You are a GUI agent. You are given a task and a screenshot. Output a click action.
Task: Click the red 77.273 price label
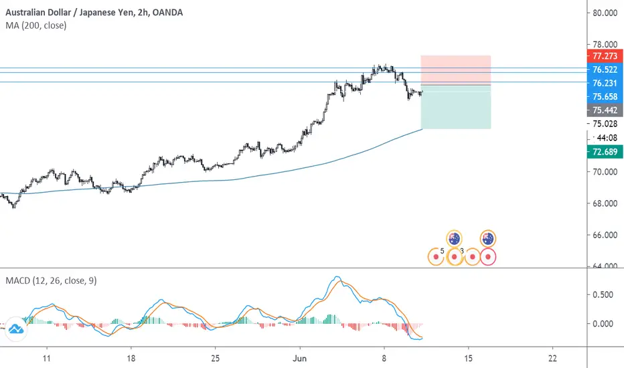pos(600,56)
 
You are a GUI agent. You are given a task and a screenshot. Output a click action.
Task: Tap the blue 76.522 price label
pos(600,69)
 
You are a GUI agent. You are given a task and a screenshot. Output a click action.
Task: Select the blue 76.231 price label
pos(600,83)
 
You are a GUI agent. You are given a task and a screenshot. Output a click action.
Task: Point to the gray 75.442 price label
pos(600,110)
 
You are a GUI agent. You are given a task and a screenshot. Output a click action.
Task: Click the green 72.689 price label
pos(600,152)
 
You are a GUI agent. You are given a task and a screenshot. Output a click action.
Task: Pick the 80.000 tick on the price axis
pos(600,12)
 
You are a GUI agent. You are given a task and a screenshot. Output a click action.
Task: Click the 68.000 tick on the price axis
pos(600,203)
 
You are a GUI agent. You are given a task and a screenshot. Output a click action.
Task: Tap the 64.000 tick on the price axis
pos(600,266)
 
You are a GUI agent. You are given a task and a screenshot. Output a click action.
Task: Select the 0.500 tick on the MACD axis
pos(600,295)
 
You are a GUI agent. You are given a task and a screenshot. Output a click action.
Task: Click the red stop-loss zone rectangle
pos(455,70)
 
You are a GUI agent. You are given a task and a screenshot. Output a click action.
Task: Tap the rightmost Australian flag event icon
pos(488,238)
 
